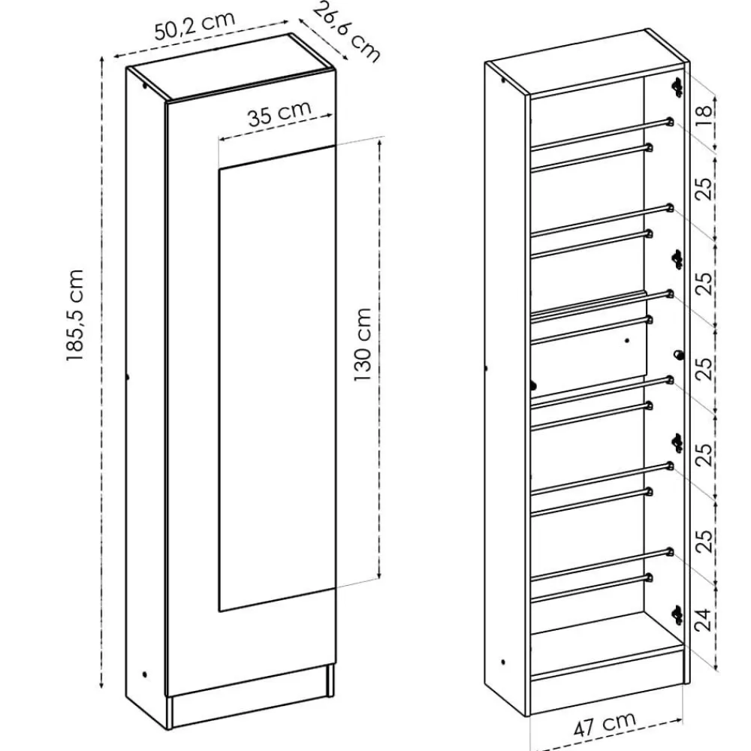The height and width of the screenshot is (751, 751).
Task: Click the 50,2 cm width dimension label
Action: click(x=195, y=26)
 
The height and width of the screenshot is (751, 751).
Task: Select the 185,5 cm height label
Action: click(x=75, y=315)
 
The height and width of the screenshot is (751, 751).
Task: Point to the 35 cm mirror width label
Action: click(x=279, y=114)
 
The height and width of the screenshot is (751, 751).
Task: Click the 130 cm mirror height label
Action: click(x=363, y=345)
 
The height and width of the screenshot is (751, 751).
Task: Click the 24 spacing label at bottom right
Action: click(x=703, y=620)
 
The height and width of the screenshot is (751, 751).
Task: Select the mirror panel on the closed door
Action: click(x=276, y=379)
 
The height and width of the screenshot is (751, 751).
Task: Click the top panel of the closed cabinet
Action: click(x=231, y=67)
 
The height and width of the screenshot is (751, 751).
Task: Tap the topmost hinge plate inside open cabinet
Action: click(x=677, y=86)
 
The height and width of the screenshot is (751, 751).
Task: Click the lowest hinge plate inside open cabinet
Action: click(x=677, y=614)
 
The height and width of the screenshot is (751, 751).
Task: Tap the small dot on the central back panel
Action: click(x=627, y=340)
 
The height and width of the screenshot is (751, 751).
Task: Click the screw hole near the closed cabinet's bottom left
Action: click(x=144, y=674)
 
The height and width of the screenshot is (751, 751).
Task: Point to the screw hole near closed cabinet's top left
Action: click(x=144, y=86)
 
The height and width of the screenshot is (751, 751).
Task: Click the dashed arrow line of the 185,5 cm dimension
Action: click(x=101, y=372)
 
